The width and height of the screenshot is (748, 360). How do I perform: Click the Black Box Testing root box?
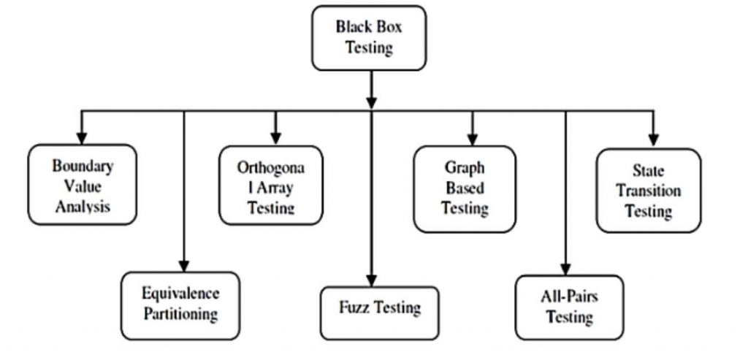[368, 38]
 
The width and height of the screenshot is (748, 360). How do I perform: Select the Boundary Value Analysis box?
[82, 185]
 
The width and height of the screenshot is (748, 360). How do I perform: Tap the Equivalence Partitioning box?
[180, 305]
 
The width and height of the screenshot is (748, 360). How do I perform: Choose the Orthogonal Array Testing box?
[270, 185]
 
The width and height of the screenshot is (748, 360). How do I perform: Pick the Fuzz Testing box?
[379, 307]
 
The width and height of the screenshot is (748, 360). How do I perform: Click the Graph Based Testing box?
[465, 188]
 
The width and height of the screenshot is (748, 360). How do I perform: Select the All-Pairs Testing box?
[569, 307]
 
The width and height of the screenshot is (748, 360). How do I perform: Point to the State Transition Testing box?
[648, 191]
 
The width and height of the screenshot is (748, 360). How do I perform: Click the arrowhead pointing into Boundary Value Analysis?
[82, 137]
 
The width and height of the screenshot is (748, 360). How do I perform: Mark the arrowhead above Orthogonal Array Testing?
[275, 137]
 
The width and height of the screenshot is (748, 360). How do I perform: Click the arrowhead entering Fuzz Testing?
[372, 280]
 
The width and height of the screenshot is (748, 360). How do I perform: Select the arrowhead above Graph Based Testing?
[472, 137]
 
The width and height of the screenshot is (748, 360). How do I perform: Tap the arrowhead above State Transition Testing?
[654, 139]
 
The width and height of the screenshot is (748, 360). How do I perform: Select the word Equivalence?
[180, 294]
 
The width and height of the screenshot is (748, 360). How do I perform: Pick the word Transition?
[649, 191]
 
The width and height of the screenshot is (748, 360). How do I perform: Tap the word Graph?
[465, 168]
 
